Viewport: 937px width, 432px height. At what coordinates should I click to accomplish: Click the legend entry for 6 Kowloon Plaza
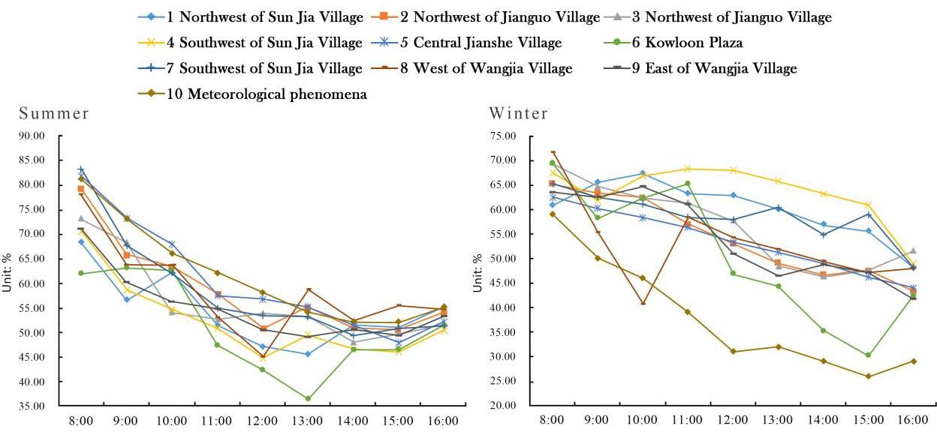[x=673, y=43]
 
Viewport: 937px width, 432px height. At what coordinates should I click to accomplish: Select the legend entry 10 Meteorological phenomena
[x=253, y=94]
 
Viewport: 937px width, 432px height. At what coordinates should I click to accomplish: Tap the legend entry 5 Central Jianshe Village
[x=466, y=43]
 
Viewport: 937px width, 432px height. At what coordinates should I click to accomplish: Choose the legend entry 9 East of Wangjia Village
[x=700, y=68]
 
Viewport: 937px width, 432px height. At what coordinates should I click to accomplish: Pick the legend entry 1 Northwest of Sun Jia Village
[x=251, y=17]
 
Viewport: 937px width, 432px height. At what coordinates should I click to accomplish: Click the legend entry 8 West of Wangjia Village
[x=472, y=68]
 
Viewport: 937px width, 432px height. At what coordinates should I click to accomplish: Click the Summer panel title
[x=54, y=114]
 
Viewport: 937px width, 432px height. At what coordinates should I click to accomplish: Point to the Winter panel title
[x=519, y=114]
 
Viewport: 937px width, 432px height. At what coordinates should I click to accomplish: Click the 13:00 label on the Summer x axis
[x=308, y=421]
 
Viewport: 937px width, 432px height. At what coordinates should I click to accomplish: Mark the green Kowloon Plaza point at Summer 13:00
[x=308, y=398]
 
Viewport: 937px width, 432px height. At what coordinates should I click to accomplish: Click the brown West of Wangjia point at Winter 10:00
[x=643, y=303]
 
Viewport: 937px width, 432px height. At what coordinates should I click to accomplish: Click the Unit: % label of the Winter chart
[x=478, y=273]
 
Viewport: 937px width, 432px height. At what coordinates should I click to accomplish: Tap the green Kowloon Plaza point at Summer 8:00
[x=81, y=273]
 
